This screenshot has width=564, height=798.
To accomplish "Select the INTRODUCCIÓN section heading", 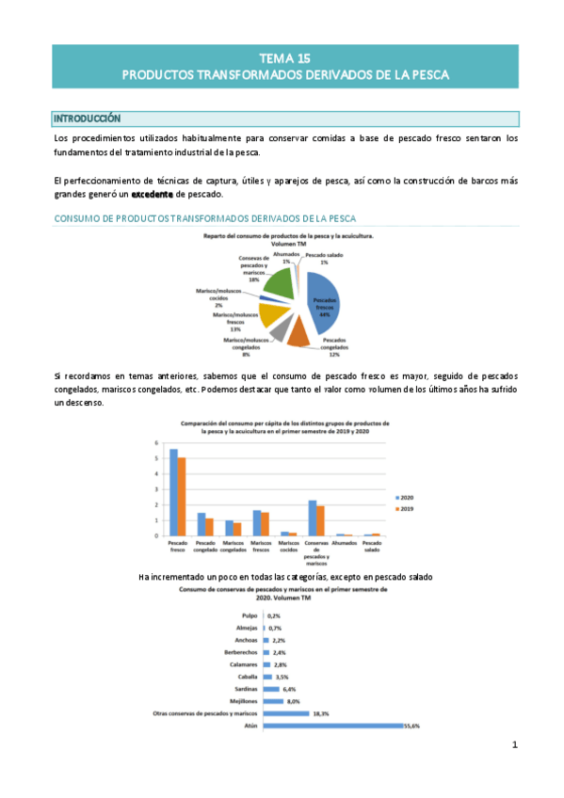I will point(88,120).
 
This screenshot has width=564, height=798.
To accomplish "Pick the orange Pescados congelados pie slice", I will point(298,330).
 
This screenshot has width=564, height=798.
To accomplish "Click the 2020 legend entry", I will point(406,497).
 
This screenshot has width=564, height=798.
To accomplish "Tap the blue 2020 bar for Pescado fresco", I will point(173,492).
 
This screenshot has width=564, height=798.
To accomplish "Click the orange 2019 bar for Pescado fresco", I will point(182,496).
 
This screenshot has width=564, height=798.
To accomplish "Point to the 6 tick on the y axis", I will point(157,443).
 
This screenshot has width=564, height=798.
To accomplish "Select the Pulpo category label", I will point(249,615).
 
